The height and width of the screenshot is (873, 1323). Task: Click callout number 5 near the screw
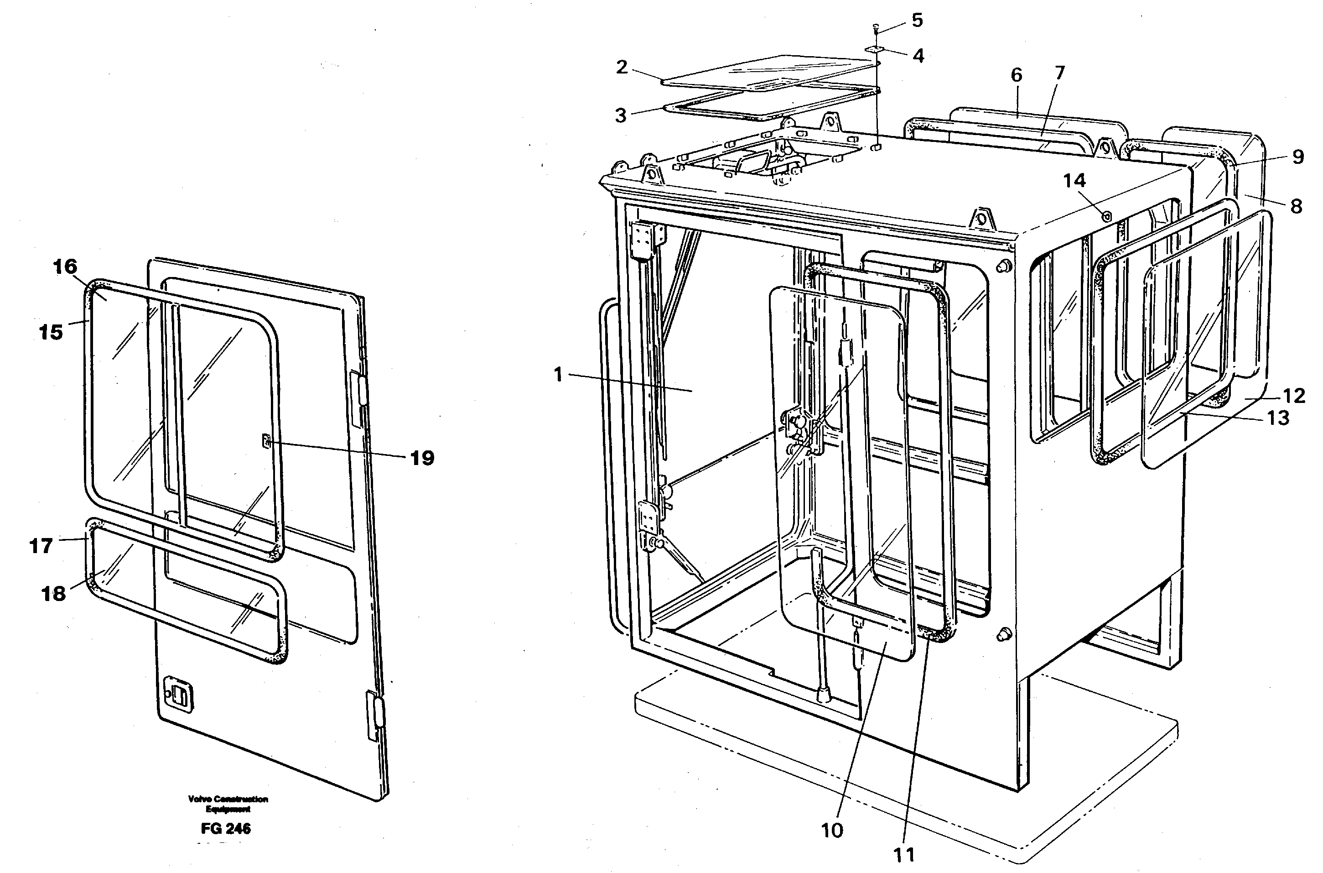pyautogui.click(x=917, y=20)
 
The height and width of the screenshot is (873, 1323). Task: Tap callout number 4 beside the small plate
pyautogui.click(x=918, y=56)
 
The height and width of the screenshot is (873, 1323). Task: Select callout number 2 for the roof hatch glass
pyautogui.click(x=622, y=68)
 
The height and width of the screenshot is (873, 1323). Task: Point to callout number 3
pyautogui.click(x=620, y=115)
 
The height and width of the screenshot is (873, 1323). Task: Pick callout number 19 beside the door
pyautogui.click(x=422, y=458)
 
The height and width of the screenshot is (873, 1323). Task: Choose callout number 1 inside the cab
pyautogui.click(x=559, y=375)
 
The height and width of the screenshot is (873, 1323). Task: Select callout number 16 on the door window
pyautogui.click(x=65, y=267)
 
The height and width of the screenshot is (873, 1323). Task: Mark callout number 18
pyautogui.click(x=53, y=594)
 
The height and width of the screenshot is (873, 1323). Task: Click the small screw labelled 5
pyautogui.click(x=876, y=26)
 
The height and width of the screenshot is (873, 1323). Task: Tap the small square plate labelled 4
pyautogui.click(x=876, y=50)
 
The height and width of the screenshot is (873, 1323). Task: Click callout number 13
pyautogui.click(x=1277, y=417)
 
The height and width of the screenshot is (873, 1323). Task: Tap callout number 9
pyautogui.click(x=1297, y=157)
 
